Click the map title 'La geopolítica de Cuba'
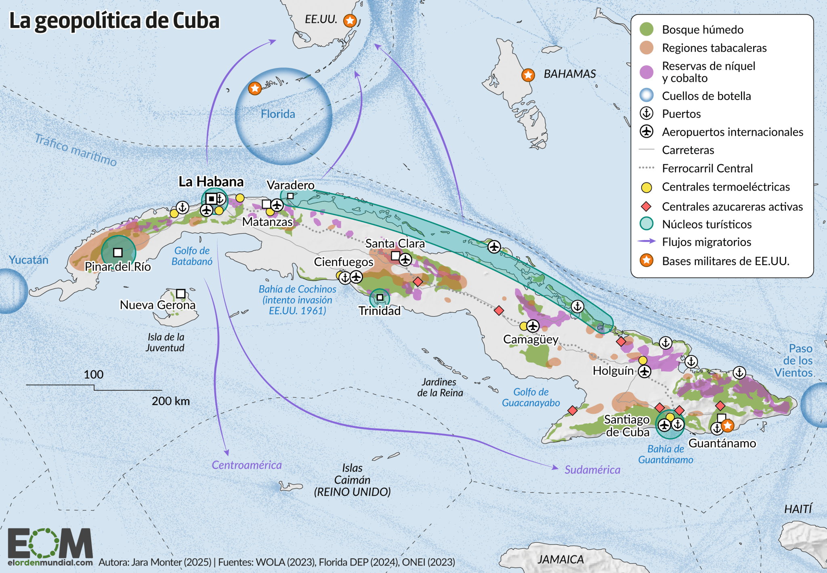point(114,21)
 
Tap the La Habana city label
point(211,182)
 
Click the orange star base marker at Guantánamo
point(727,426)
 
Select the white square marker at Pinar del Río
point(118,253)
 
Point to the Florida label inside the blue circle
point(278,114)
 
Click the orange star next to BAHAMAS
point(528,75)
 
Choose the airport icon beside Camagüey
point(533,326)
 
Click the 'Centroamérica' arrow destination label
point(246,465)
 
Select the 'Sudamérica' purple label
point(592,470)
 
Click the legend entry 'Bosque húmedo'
point(702,29)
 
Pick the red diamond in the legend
point(646,206)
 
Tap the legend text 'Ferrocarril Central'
point(707,168)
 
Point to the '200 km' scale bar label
point(170,401)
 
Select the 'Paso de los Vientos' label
point(794,360)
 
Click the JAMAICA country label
point(560,559)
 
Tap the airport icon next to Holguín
point(644,371)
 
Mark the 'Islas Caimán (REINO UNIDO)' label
point(352,480)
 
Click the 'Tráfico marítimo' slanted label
point(76,150)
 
